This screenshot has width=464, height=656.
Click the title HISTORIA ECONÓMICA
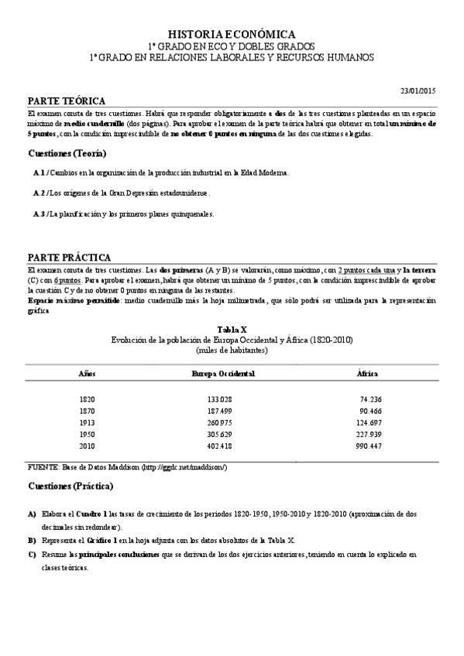[232, 34]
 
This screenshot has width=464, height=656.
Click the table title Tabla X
[232, 329]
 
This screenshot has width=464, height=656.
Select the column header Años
[87, 374]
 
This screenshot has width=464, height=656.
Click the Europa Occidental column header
[223, 374]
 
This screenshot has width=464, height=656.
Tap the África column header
[367, 374]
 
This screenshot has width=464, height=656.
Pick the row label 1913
[87, 423]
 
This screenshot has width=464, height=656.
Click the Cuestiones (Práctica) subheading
[70, 487]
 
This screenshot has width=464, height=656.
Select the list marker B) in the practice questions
[32, 540]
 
